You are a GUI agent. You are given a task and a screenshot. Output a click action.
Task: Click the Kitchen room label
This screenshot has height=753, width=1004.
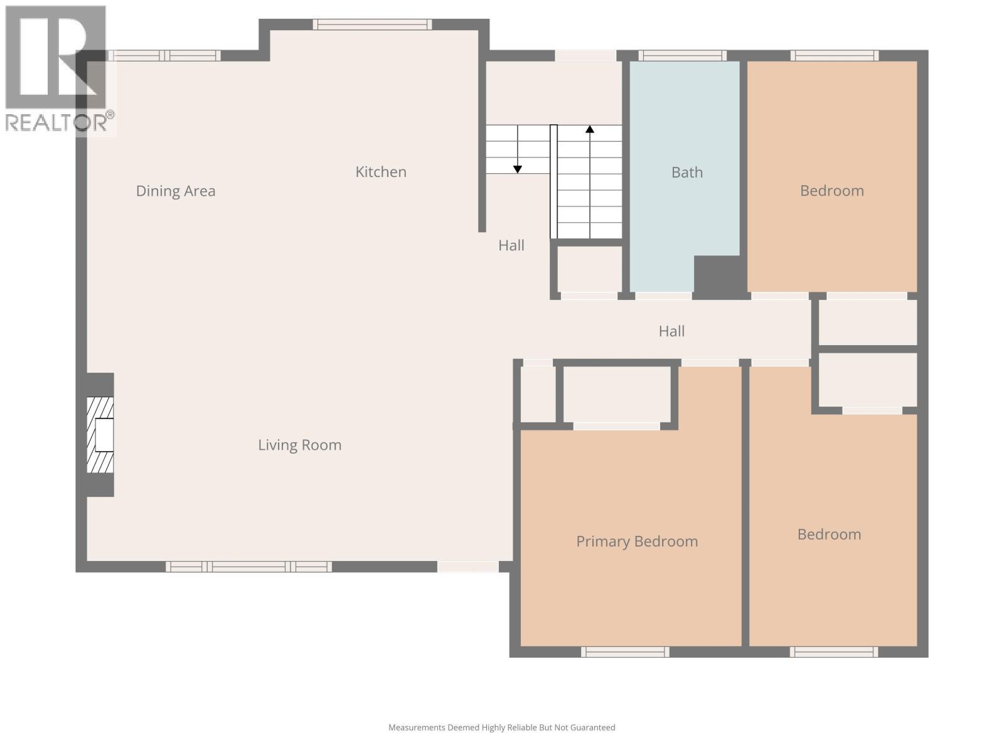point(381,172)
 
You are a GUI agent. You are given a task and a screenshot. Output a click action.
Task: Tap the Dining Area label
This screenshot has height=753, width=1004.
point(176,191)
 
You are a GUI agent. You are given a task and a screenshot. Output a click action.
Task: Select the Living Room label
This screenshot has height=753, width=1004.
point(299,445)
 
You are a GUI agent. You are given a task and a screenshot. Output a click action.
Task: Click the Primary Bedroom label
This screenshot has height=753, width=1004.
point(637,542)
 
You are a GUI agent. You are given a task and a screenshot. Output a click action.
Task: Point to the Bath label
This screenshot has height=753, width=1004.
point(686,173)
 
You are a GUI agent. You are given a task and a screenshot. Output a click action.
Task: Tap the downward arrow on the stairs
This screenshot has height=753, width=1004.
point(518,168)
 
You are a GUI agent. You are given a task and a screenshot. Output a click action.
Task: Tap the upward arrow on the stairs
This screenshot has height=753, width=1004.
point(590,131)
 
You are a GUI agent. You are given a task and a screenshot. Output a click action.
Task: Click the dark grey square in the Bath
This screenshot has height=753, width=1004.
point(717,275)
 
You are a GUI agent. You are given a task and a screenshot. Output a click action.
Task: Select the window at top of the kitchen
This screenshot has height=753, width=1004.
point(373,24)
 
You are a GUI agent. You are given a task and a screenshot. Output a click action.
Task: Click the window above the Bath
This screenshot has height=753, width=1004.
point(682,55)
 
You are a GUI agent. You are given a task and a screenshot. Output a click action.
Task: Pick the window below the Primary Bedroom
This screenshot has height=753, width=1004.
point(625,652)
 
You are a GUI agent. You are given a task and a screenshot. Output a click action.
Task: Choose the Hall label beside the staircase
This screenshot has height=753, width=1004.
point(511,245)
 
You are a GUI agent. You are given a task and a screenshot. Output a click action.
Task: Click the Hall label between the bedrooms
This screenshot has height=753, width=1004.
point(671,331)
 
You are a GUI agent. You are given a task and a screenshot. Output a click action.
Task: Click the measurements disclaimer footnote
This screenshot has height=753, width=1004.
point(501,728)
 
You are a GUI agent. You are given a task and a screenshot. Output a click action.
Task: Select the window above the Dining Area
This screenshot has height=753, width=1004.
point(164,55)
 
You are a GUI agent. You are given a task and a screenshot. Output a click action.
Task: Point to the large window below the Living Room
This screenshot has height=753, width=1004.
point(249,567)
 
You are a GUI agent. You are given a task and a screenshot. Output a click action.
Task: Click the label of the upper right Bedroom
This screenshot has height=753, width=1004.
point(831,191)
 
